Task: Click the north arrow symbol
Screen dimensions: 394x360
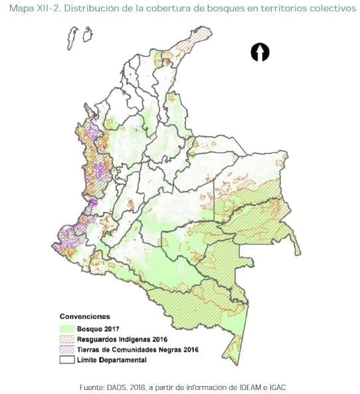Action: click(260, 52)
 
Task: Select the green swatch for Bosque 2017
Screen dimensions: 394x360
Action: click(68, 328)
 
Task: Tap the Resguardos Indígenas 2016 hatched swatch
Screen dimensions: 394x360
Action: click(68, 339)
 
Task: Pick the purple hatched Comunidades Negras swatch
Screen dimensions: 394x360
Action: click(68, 349)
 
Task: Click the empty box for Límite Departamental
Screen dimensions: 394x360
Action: click(68, 359)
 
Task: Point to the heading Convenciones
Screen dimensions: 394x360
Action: click(85, 316)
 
